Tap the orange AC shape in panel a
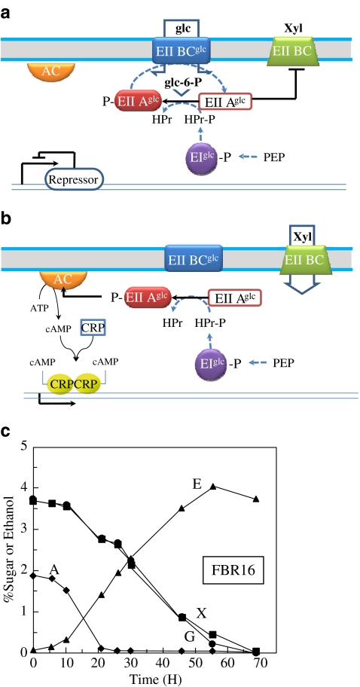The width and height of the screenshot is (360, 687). click(48, 72)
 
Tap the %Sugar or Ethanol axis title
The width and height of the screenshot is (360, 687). click(8, 549)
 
